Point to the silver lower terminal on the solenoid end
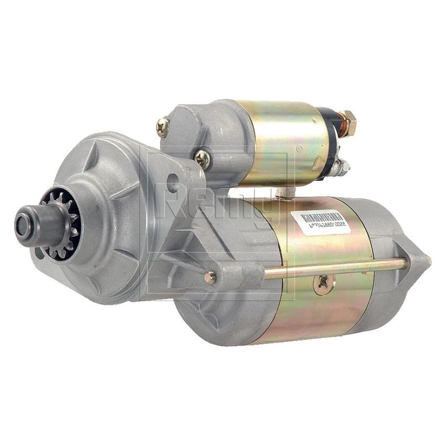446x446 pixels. (344, 167)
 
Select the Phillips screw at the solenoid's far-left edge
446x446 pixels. (163, 126)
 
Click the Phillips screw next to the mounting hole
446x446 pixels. (202, 157)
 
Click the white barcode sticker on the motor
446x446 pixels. (318, 221)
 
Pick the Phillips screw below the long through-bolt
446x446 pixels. (321, 283)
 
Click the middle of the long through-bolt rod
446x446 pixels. (336, 267)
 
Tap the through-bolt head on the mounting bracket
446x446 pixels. (210, 277)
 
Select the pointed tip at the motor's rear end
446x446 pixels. (428, 260)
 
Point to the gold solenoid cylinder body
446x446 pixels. (278, 142)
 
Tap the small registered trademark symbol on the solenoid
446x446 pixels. (300, 149)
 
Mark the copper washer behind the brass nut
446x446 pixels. (338, 125)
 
